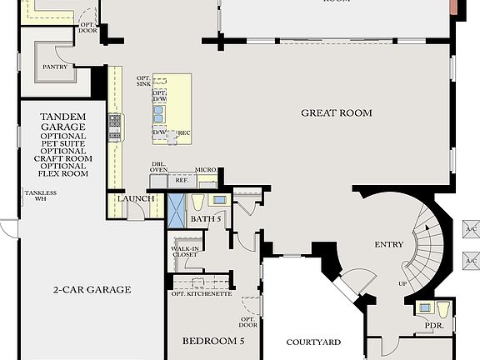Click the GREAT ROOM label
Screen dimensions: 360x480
[337, 112]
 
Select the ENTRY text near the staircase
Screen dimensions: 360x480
[389, 244]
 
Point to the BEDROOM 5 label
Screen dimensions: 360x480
[214, 341]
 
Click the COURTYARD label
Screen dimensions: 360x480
[313, 342]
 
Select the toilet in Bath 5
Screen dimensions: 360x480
[197, 202]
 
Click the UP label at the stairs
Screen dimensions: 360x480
[403, 283]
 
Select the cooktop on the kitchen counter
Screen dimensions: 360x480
[115, 127]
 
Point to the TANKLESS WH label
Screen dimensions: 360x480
[33, 197]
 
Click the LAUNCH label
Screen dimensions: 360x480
[135, 198]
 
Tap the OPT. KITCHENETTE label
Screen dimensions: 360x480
[201, 293]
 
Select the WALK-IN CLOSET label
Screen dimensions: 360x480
[184, 252]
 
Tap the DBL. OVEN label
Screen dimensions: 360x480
[158, 167]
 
